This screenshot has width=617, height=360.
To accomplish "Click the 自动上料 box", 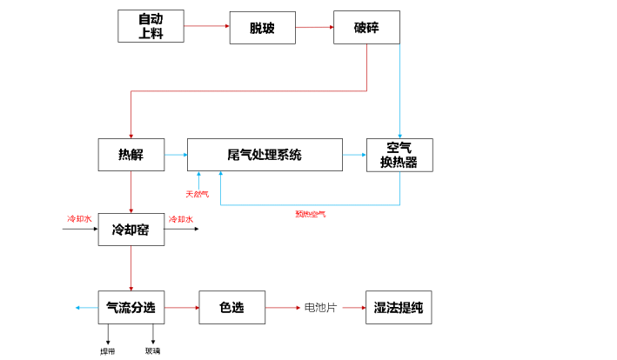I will (x=151, y=26).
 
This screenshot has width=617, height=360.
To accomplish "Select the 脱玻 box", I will (x=262, y=27).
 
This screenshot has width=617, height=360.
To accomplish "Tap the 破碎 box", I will (x=366, y=27).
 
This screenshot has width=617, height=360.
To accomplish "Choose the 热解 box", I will (x=131, y=156).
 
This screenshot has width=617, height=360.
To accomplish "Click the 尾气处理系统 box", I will (x=265, y=156).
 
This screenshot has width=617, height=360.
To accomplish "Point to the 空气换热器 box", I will (x=399, y=156).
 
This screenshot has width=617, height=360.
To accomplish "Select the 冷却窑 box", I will (x=131, y=230).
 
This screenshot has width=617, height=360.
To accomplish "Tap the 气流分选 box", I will (x=131, y=307).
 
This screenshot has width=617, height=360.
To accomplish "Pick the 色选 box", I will (x=231, y=307).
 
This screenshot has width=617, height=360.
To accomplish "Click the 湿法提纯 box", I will (x=399, y=307).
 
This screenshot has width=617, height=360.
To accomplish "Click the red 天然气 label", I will (x=197, y=193).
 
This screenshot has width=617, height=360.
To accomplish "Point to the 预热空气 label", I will (x=310, y=213).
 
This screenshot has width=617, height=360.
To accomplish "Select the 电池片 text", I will (x=320, y=307).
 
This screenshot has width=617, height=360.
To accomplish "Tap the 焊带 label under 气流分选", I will (x=107, y=351).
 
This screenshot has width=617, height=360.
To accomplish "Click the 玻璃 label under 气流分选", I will (x=153, y=351).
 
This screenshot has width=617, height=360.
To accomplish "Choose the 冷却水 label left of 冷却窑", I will (x=79, y=219).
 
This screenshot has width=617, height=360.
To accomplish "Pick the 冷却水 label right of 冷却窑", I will (x=180, y=219).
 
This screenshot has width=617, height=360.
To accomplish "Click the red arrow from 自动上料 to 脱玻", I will (x=207, y=26).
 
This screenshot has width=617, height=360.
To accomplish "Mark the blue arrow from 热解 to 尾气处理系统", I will (x=175, y=156).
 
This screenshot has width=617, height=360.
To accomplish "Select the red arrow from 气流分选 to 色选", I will (x=180, y=307).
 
